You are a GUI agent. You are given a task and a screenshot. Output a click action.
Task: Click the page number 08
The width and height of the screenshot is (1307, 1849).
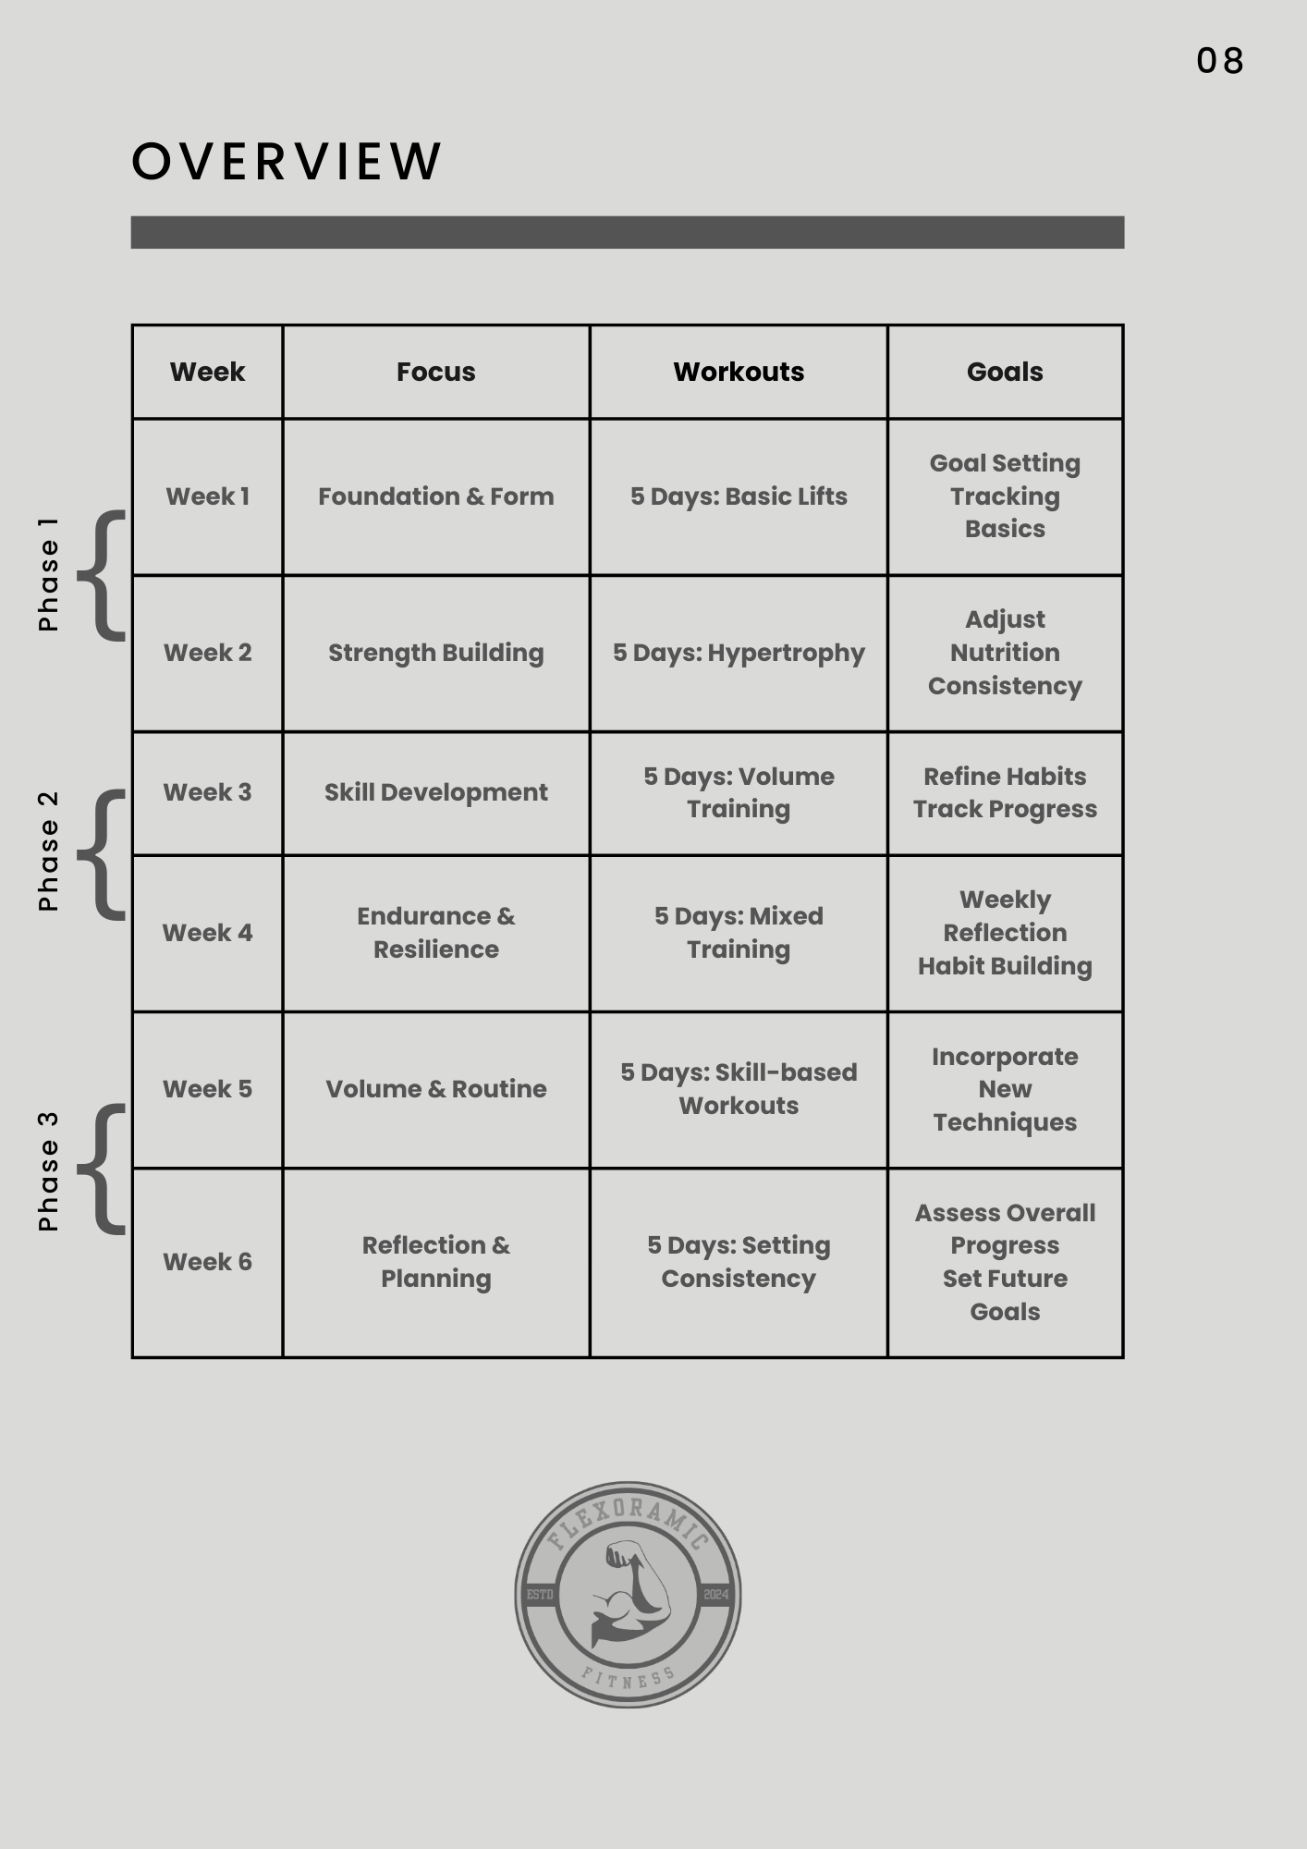coord(1219,61)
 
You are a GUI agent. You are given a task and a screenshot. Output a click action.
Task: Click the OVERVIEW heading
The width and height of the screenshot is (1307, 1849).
coord(287,162)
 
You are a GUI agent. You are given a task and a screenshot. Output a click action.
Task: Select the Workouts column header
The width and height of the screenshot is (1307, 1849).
coord(739,372)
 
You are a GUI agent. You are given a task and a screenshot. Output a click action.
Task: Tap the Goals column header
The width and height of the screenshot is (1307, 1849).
coord(1005,372)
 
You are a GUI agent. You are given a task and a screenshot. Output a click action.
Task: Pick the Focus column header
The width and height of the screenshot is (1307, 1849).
coord(435,372)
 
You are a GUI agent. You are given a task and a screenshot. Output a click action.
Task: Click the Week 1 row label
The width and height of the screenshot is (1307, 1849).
coord(207,496)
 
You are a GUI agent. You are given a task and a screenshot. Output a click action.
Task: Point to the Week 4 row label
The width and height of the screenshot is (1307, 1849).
coord(207,933)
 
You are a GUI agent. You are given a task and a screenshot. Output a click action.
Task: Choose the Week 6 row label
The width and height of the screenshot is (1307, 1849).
coord(207,1262)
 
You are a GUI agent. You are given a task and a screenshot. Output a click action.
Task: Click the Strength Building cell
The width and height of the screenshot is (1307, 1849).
coord(435,653)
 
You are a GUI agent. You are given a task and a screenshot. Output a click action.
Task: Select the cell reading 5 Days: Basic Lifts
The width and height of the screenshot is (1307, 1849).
coord(739,496)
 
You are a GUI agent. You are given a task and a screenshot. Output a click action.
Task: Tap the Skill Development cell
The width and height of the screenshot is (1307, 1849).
coord(435,792)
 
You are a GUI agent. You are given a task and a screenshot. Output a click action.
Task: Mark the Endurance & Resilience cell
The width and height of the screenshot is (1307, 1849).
coord(435,933)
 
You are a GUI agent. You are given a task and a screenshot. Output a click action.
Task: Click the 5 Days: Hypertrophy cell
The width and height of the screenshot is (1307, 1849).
coord(739,653)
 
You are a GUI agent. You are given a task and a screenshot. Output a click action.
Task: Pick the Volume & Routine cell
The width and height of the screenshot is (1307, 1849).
coord(435,1089)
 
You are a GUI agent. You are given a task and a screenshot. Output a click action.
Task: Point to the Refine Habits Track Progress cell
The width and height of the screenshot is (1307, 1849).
coord(1005,792)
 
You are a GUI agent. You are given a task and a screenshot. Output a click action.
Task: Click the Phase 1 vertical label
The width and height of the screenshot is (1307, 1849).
coord(48,574)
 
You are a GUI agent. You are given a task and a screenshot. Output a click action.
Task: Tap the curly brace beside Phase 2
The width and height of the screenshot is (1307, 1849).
coord(103,854)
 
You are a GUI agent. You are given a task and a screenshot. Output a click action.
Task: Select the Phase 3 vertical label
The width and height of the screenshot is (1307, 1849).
coord(48,1171)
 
